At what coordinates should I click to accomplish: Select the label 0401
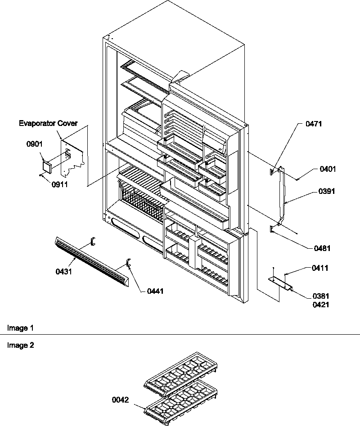point(328,170)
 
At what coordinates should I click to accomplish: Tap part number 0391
point(326,191)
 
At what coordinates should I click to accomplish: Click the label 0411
point(320,268)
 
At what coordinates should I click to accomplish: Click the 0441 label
point(155,291)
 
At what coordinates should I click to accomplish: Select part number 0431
point(64,272)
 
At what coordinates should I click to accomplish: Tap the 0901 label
point(34,145)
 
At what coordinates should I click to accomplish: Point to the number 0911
point(58,184)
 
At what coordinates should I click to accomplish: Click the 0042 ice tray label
point(121,399)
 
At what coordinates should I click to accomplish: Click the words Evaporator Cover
point(48,123)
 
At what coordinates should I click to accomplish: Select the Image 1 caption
point(20,328)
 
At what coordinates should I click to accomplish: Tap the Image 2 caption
point(20,345)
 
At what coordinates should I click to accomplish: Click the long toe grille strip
point(92,261)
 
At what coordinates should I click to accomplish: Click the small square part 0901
point(46,167)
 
